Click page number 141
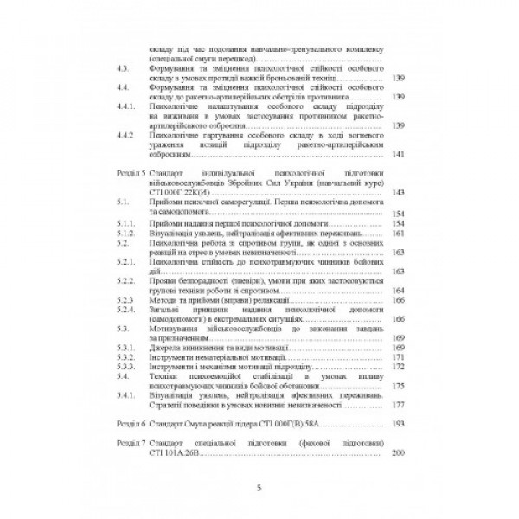[x=398, y=155]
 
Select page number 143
[x=398, y=193]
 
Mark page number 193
[x=398, y=425]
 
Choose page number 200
[x=398, y=453]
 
